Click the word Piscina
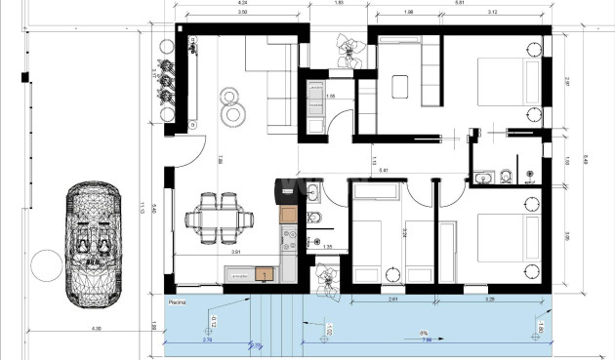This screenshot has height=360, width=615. click(x=176, y=302)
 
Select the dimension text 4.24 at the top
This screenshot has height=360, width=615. click(x=242, y=3)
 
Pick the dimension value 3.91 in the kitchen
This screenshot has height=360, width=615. click(x=235, y=253)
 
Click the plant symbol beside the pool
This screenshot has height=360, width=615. click(x=327, y=280)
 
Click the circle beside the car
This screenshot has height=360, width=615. click(x=44, y=264)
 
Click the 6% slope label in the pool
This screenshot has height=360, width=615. click(x=423, y=332)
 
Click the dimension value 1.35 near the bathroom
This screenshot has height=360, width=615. click(x=328, y=247)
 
